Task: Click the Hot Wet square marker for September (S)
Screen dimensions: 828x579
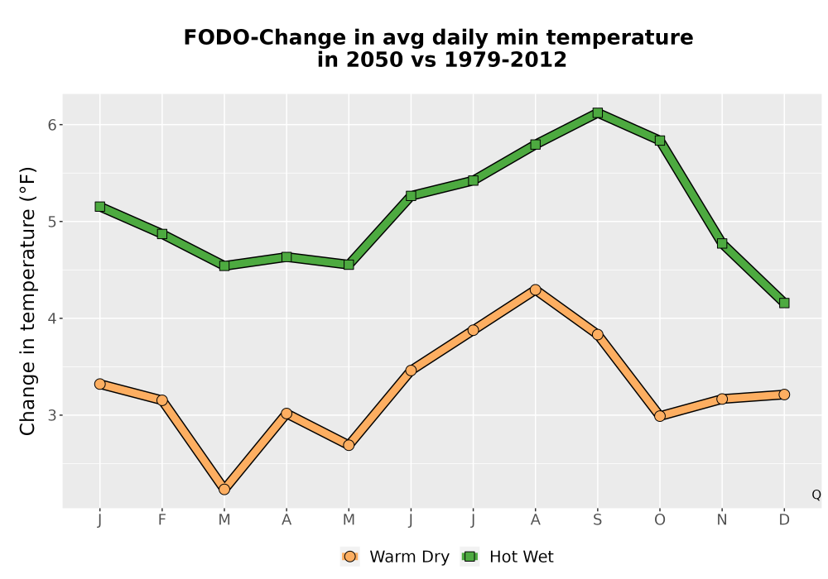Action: click(597, 112)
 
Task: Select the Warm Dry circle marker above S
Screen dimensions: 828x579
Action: click(597, 334)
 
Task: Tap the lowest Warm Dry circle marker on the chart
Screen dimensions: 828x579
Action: click(224, 490)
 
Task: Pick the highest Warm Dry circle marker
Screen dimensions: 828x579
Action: click(536, 289)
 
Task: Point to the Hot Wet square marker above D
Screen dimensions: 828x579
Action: click(784, 303)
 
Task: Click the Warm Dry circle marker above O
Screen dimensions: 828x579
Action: click(660, 416)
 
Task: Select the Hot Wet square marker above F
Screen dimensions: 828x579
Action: click(162, 233)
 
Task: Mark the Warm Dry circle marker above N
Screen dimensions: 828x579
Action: click(722, 399)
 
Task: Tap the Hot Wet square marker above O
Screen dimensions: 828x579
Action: click(660, 141)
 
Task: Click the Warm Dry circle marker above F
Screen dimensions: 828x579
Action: click(162, 400)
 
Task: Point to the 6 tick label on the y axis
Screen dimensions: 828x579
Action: click(51, 125)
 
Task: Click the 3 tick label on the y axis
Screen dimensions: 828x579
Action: click(51, 415)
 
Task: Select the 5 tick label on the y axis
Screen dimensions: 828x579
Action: click(51, 222)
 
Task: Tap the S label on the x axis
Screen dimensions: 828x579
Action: click(597, 520)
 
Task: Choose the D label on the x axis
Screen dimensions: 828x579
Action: click(784, 520)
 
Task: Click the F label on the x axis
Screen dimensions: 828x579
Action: click(162, 520)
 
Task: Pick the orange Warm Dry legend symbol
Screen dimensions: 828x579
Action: click(349, 557)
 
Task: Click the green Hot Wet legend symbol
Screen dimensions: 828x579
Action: click(469, 557)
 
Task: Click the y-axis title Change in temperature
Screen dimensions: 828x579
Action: click(27, 300)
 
